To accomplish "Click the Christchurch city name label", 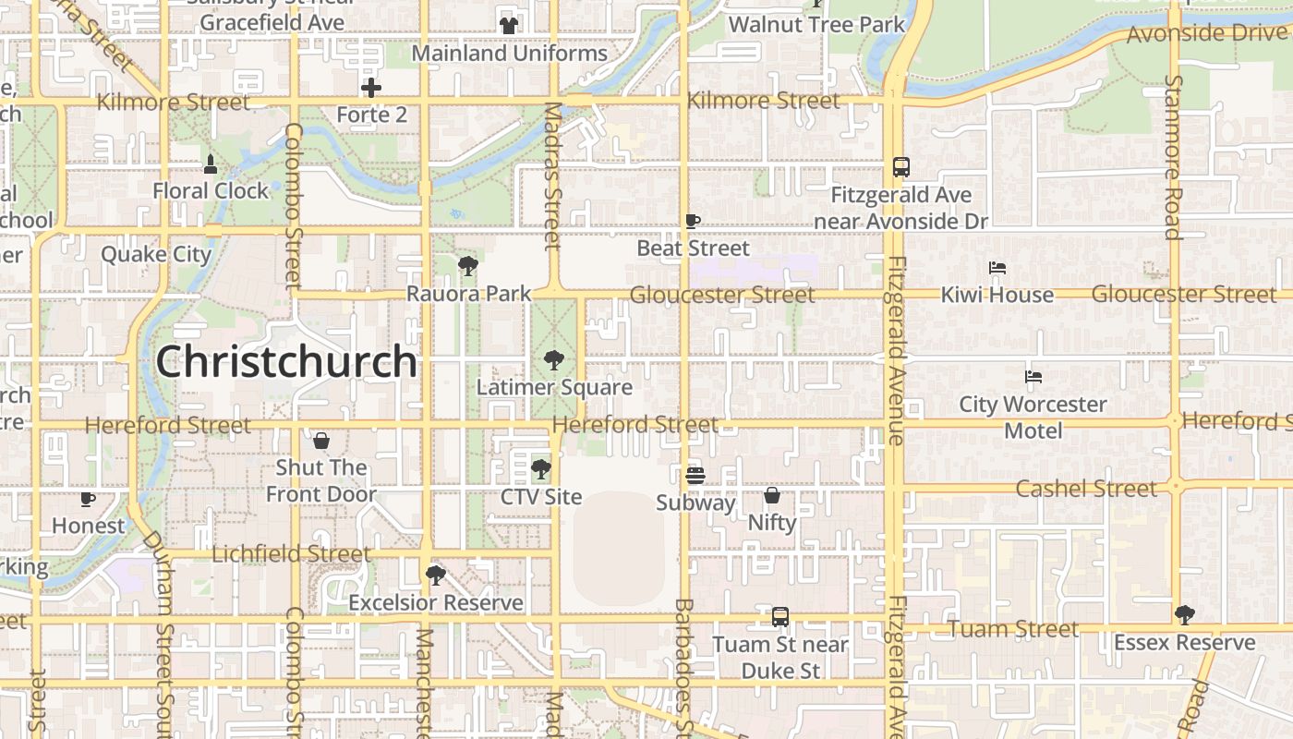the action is (286, 361).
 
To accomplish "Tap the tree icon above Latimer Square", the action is (553, 359).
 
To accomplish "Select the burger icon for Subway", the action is (695, 475).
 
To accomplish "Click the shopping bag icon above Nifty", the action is (772, 495).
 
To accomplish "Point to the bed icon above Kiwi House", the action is (997, 268).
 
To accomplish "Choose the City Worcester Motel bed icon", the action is (1033, 377).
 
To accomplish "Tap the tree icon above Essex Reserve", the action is (1184, 614).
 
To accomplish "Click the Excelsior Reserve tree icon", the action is (435, 575).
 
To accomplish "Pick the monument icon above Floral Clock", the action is (211, 164).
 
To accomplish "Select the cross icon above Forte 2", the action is (371, 88).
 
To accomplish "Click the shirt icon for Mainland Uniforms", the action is (509, 26).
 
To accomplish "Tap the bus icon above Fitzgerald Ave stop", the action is (901, 167).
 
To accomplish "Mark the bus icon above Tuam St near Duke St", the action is (780, 616).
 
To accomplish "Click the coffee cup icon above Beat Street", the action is (693, 221).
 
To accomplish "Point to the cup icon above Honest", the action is (88, 499).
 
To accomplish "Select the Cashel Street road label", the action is (1086, 488).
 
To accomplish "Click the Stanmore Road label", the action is (1173, 157).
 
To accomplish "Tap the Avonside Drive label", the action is (1207, 34).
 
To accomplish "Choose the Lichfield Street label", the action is (292, 554).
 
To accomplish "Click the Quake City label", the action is (156, 254).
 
